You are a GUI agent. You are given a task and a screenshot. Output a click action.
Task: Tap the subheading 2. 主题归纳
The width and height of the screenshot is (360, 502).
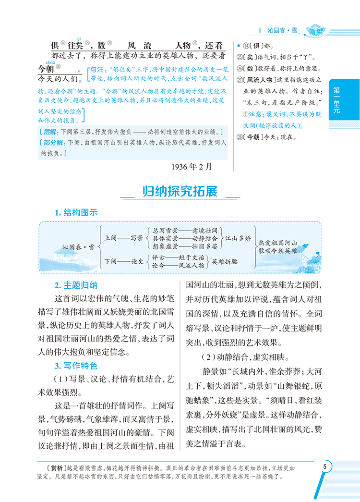tap(76, 285)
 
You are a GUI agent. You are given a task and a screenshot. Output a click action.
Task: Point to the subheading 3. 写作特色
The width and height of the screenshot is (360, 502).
tap(76, 366)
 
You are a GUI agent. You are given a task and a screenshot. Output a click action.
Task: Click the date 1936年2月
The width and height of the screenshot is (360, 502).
tap(191, 167)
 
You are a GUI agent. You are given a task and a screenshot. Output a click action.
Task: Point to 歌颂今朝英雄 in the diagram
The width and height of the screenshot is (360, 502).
tap(277, 251)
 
